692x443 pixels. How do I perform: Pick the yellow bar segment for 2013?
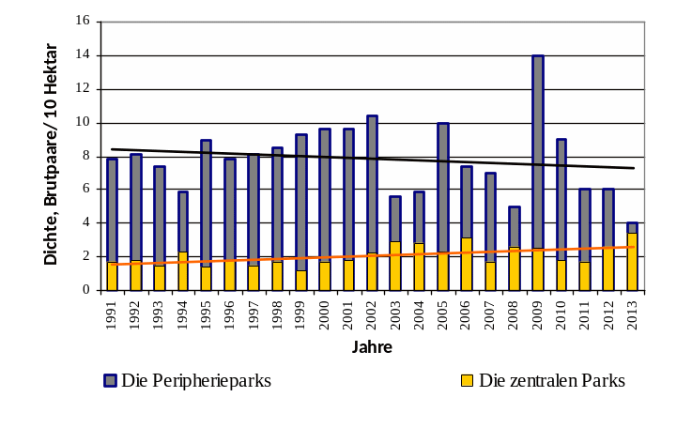tap(632, 262)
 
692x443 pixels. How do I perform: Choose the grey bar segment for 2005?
tap(442, 188)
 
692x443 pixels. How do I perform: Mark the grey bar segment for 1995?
tap(207, 203)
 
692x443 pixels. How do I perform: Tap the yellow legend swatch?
tap(467, 380)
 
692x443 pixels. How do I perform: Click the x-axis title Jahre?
tap(372, 346)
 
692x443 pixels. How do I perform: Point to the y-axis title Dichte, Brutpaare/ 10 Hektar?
tap(52, 154)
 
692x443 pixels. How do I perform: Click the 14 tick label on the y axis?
tap(85, 55)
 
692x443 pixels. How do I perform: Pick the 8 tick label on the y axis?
tap(87, 156)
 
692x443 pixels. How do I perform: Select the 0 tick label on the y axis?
tap(87, 290)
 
